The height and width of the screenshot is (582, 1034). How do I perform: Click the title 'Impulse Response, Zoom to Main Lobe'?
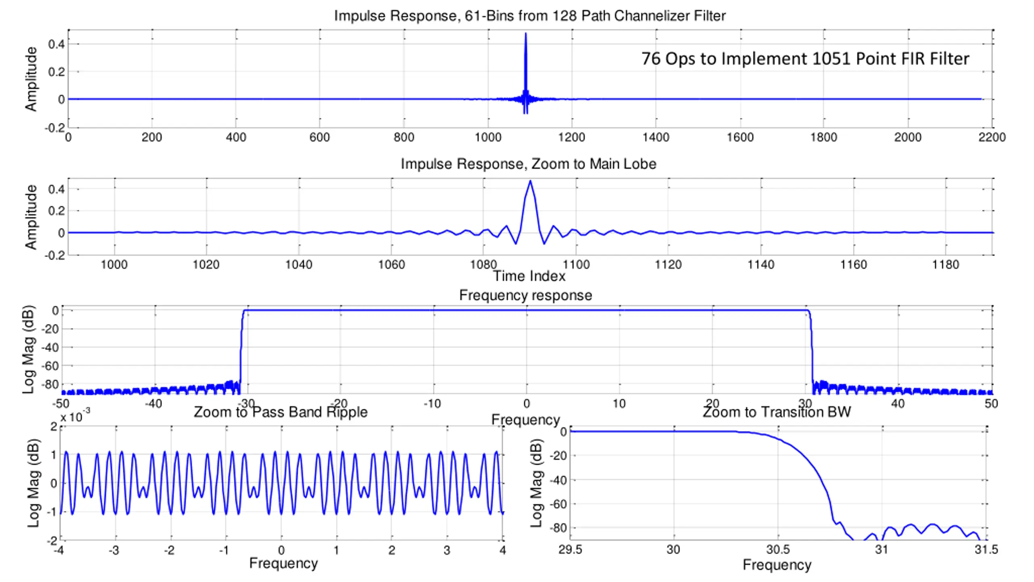click(x=528, y=164)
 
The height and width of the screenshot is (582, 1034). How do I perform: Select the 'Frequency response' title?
click(x=525, y=295)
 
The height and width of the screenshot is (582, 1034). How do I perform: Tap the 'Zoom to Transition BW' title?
click(x=777, y=412)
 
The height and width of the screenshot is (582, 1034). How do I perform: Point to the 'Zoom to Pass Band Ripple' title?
click(x=281, y=412)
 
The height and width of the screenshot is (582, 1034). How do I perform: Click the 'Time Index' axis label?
click(x=529, y=276)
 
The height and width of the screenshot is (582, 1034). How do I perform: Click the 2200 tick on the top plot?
click(x=992, y=137)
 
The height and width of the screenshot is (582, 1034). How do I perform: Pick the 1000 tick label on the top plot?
click(x=488, y=137)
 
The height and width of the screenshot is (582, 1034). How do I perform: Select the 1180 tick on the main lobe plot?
click(x=945, y=265)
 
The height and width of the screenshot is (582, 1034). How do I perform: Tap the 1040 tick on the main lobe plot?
click(x=298, y=265)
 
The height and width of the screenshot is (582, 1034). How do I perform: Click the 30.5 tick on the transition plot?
click(x=778, y=550)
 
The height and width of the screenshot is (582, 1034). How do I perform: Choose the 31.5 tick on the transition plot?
click(x=986, y=550)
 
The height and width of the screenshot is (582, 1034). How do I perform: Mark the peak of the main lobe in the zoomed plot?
click(x=530, y=181)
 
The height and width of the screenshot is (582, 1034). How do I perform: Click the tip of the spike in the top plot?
click(x=525, y=34)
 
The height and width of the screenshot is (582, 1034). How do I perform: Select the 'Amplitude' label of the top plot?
click(x=31, y=79)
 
